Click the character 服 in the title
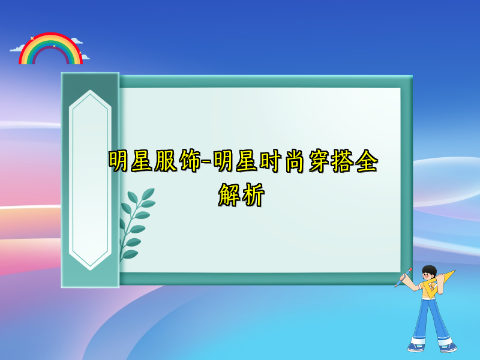pyautogui.click(x=164, y=161)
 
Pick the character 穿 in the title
pyautogui.click(x=318, y=161)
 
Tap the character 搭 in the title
pyautogui.click(x=343, y=161)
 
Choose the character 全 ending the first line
pyautogui.click(x=367, y=161)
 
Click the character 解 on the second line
pyautogui.click(x=229, y=196)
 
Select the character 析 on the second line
pyautogui.click(x=253, y=196)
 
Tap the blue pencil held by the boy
pyautogui.click(x=403, y=277)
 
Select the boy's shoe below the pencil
pyautogui.click(x=416, y=347)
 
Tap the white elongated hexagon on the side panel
pyautogui.click(x=90, y=180)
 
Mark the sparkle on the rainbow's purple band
pyautogui.click(x=54, y=46)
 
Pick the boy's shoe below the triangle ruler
pyautogui.click(x=447, y=347)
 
